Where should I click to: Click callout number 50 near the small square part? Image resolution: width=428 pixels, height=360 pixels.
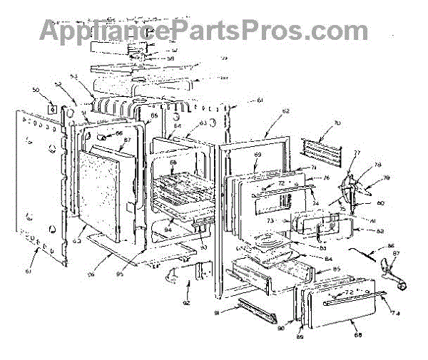click(36, 90)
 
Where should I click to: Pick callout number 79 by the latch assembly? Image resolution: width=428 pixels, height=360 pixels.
click(387, 178)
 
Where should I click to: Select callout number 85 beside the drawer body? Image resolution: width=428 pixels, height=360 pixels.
click(335, 269)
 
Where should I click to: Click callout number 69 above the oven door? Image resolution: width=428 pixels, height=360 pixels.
click(258, 155)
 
